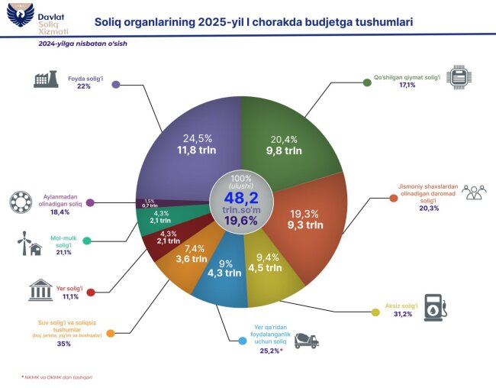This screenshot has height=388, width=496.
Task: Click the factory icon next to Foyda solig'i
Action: point(47,80)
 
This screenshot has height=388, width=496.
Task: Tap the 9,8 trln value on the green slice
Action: point(285,151)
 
